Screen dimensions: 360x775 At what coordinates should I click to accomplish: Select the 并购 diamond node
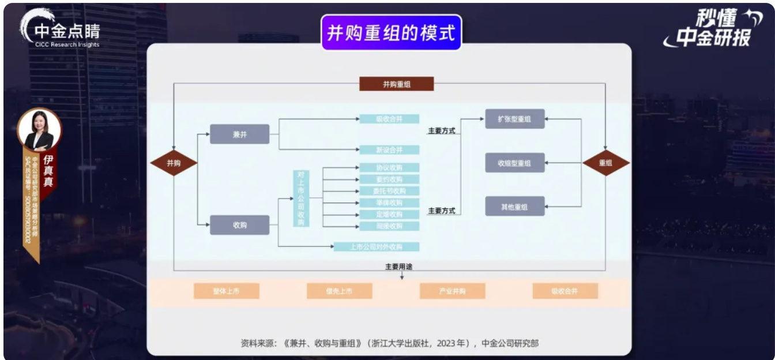tap(174, 163)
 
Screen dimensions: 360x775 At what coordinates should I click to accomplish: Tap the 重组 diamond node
tap(605, 163)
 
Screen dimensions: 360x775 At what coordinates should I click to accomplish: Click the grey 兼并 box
tap(239, 134)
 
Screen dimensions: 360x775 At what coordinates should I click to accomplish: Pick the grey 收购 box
tap(239, 225)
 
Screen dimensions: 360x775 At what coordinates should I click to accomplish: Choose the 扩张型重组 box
tap(514, 119)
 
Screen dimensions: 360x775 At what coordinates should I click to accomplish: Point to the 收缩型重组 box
tap(514, 163)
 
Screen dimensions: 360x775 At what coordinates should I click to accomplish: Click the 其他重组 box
tap(514, 207)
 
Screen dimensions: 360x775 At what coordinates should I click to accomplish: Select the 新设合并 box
tap(389, 150)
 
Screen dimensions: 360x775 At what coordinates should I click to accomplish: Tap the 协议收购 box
tap(389, 168)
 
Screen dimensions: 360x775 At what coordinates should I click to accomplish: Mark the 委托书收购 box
tap(389, 191)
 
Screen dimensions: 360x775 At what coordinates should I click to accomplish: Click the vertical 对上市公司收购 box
tap(301, 198)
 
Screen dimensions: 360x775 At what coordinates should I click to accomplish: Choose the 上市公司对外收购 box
tap(377, 247)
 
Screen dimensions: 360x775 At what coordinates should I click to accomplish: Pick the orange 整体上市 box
tap(226, 291)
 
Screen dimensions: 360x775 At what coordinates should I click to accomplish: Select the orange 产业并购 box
tap(452, 291)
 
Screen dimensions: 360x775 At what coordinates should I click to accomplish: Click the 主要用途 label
tap(399, 267)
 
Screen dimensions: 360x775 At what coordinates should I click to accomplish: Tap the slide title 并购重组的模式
tap(391, 32)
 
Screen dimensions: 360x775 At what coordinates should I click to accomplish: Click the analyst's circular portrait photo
tap(39, 129)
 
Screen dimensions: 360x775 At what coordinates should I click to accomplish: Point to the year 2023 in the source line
tap(449, 343)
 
